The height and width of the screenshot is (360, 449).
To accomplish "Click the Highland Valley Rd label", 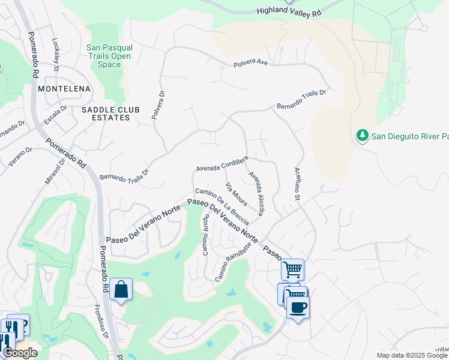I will pos(289,11).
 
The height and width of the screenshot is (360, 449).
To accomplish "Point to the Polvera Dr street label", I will pos(158,105).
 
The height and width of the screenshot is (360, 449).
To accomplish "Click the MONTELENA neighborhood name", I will pos(64,89).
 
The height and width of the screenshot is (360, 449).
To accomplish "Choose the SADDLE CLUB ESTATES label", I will pos(106,113).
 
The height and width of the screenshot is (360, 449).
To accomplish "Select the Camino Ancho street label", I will pos(206,234).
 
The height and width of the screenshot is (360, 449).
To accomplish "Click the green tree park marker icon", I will pos(362,136).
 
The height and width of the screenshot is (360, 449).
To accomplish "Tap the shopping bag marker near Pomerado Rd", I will pos(121,290).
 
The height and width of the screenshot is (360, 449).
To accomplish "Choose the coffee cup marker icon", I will pos(297,307).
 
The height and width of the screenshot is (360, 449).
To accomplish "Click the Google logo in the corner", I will pos(20,353).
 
